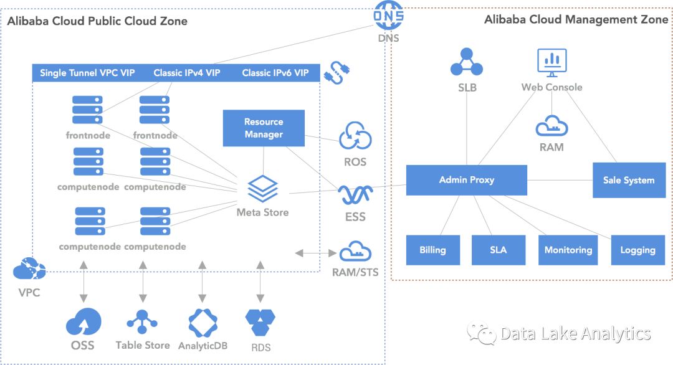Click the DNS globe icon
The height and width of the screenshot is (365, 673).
388,16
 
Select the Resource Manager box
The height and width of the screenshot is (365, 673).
264,128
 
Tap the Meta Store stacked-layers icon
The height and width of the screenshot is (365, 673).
263,189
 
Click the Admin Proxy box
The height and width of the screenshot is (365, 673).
467,180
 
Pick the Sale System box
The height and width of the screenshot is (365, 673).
629,180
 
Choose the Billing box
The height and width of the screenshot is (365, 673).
432,250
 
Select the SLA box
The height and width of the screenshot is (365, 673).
499,250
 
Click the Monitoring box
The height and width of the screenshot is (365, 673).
568,250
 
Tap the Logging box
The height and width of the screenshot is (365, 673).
638,250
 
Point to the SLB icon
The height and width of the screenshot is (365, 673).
467,63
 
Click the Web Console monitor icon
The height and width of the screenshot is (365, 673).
552,63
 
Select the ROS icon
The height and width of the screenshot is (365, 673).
355,136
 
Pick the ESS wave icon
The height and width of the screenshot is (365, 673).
355,195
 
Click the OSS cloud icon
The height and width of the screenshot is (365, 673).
84,321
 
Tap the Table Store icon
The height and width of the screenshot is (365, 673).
142,322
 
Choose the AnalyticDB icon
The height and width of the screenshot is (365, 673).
203,323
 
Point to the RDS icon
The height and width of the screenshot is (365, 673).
260,322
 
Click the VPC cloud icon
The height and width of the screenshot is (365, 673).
29,268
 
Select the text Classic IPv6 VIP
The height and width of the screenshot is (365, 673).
275,73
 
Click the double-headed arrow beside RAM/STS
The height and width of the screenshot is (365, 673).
315,253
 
